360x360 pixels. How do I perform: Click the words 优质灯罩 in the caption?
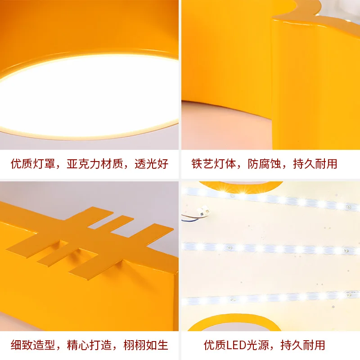32,164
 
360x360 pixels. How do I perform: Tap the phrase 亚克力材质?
95,164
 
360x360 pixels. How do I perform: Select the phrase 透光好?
152,164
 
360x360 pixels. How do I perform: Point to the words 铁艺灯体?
213,164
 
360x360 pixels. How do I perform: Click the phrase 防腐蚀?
264,164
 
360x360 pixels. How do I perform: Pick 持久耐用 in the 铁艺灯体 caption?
315,164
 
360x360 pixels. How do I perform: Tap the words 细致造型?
32,345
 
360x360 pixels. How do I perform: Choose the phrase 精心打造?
89,345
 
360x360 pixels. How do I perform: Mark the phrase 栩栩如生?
146,345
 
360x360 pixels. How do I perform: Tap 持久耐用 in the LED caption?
302,345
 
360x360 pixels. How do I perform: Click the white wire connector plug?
204,211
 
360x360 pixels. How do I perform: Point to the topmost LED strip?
270,199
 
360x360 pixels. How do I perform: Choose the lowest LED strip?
270,298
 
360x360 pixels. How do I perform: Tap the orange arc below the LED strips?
234,320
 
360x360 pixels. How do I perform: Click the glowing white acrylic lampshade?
89,96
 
